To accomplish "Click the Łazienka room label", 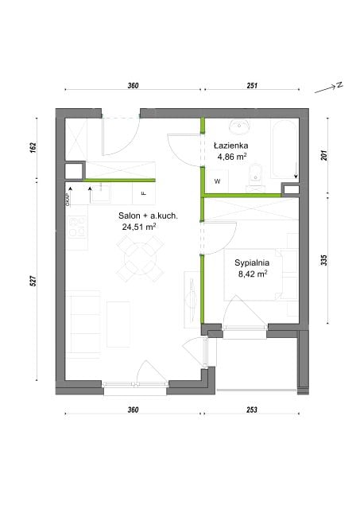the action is tap(230, 146).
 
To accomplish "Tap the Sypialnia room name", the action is tap(252, 262).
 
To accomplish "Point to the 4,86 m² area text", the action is tap(232, 157).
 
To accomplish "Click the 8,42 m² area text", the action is tap(253, 274).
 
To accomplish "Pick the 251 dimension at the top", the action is tap(252, 85).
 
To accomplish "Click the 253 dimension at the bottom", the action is tap(252, 410).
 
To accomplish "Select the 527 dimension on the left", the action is tap(33, 281).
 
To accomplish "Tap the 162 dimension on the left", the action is tap(33, 146).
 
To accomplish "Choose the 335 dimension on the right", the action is tap(324, 260).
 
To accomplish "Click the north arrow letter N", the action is tap(339, 85).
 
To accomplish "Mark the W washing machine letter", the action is tap(217, 181).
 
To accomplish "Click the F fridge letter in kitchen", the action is tap(144, 193).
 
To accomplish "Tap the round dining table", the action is tap(140, 259).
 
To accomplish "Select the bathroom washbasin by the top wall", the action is tap(239, 126).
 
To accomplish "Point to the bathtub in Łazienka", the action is tap(285, 149).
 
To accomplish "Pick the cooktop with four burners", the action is tap(76, 226).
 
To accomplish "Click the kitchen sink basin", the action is tap(100, 194).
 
